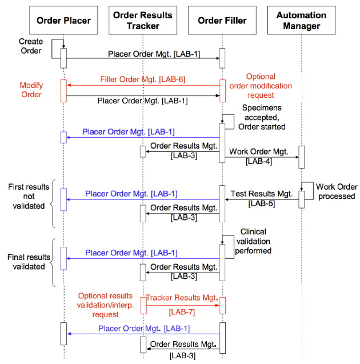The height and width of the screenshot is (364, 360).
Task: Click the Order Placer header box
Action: coord(63,21)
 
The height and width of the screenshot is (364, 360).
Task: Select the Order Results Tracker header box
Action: coord(143,21)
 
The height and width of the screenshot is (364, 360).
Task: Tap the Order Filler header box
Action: coord(222,21)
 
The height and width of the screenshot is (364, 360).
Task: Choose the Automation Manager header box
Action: coord(301,21)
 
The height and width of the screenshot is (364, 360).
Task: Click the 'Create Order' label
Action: coord(30,46)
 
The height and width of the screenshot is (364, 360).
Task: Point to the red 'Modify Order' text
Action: coord(31,90)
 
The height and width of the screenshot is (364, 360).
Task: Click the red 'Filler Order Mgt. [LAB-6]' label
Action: coord(142,79)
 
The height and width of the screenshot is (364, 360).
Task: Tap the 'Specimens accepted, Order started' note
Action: coord(261,117)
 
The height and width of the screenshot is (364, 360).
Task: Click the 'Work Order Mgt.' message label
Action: coord(260,151)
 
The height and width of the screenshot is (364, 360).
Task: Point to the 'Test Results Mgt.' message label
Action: coord(261,194)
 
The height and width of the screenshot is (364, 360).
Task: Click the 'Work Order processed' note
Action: coord(337,191)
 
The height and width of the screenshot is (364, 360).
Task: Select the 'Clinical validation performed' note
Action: coord(255,241)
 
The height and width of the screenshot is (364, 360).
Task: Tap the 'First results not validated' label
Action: coord(26,196)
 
